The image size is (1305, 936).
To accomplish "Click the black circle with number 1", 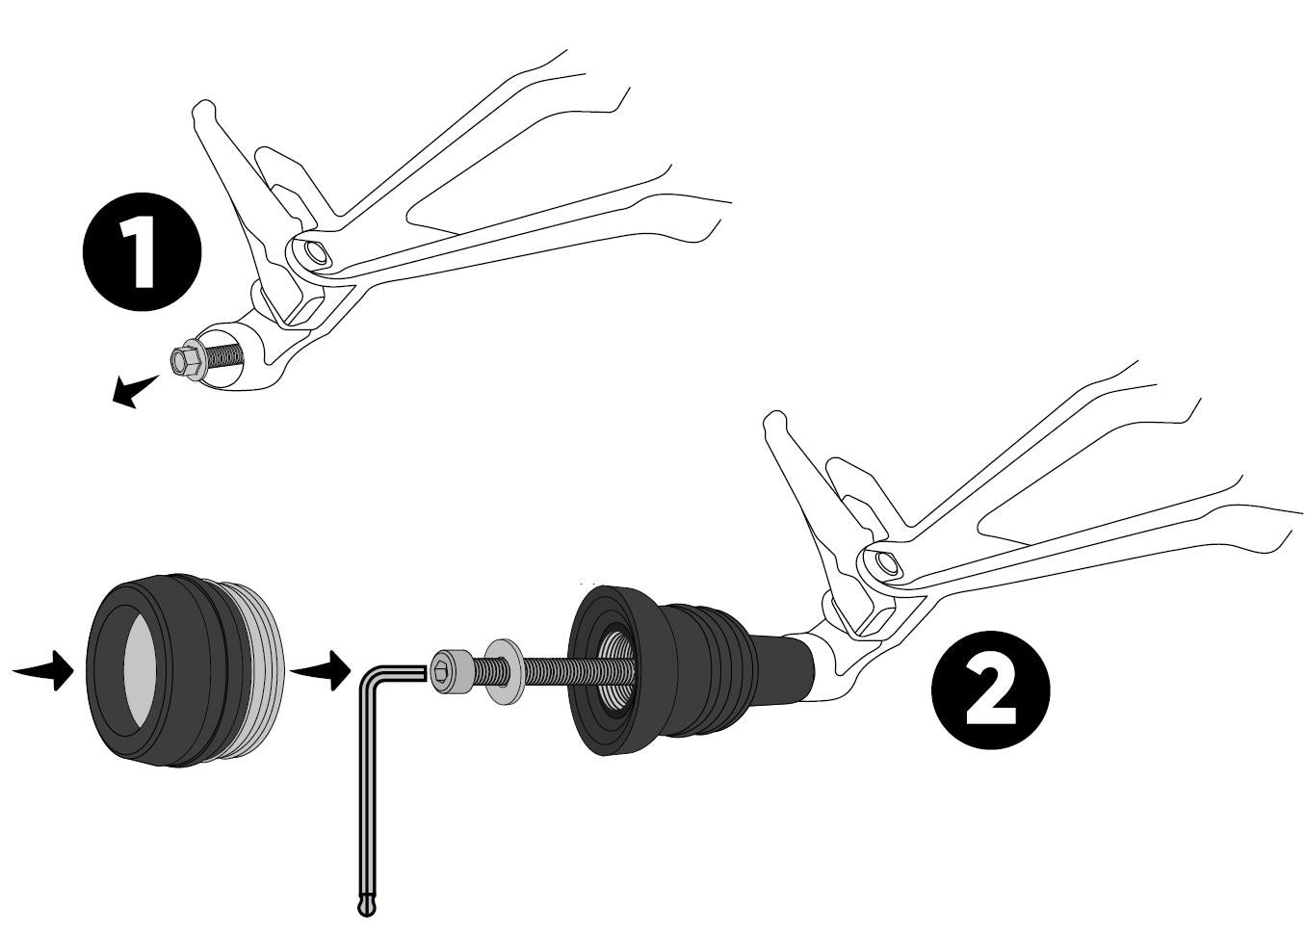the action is point(143,251).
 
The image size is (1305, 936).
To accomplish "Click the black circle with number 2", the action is point(990,689).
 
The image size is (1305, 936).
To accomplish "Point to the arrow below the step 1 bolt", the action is point(134,390).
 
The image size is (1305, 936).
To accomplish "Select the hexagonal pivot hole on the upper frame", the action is point(316,253).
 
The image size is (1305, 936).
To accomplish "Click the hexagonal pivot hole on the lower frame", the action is point(887,562).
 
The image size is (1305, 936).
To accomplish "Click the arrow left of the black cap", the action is point(43,671).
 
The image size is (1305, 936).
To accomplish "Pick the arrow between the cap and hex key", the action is point(320,671).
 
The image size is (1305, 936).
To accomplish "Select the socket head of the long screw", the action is point(451,671).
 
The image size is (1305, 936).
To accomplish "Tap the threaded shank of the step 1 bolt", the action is point(222,357).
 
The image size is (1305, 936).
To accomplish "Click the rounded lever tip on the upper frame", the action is point(204,111).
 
